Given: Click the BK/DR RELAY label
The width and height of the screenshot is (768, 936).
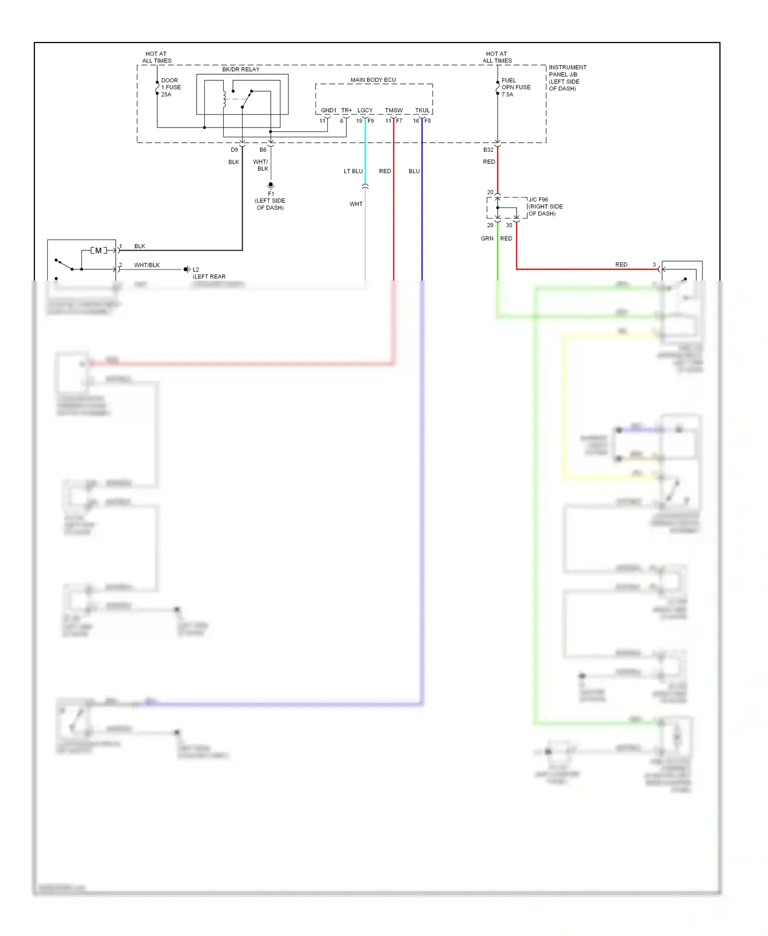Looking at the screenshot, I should (241, 69).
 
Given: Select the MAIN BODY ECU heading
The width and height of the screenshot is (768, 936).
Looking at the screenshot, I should (373, 80).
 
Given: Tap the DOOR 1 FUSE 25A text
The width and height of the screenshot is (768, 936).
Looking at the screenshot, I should (171, 88).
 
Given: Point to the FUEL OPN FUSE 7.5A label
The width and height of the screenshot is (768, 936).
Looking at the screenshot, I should (516, 88).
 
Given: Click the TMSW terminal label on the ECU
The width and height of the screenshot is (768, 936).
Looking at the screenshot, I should (394, 111).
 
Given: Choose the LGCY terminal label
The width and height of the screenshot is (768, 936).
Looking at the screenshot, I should (365, 111).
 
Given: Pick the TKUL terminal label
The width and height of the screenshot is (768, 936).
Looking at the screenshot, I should (422, 111).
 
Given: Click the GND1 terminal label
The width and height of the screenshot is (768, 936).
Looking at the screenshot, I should (328, 111).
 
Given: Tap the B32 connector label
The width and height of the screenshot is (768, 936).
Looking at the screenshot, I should (488, 150).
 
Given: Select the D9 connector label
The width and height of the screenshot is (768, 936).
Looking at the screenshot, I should (234, 150).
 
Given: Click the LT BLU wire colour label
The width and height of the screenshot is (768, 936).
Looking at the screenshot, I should (353, 172).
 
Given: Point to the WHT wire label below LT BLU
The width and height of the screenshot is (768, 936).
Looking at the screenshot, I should (356, 204).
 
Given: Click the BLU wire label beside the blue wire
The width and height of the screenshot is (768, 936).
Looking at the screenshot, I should (414, 172).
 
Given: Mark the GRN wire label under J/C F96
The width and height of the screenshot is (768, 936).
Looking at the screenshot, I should (487, 239).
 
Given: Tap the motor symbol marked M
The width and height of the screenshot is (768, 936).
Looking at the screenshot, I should (98, 250).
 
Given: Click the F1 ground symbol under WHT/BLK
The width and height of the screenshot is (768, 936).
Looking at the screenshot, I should (271, 185).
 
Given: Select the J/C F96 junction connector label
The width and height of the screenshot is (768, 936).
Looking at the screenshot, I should (538, 200).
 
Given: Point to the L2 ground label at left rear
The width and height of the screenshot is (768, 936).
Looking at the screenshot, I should (196, 269).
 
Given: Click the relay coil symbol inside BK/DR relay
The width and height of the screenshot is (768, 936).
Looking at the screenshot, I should (224, 99).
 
